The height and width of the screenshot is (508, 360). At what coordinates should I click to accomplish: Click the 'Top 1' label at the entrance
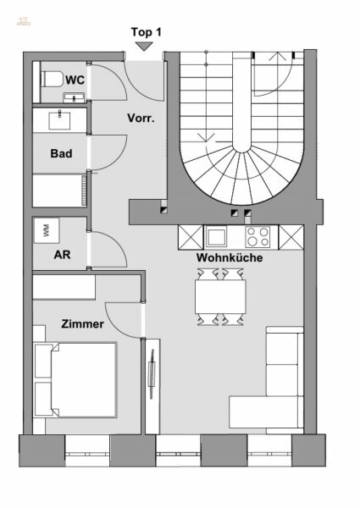[146, 31]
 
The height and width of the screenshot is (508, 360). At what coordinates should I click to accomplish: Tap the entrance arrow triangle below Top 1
[146, 47]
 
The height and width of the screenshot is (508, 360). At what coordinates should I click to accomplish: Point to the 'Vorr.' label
[140, 118]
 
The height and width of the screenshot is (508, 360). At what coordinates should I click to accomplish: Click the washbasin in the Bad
[59, 120]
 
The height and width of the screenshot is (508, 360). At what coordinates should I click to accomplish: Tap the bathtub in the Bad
[59, 189]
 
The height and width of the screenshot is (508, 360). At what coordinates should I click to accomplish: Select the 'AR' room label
[61, 253]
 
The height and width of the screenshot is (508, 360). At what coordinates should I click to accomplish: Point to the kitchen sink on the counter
[215, 235]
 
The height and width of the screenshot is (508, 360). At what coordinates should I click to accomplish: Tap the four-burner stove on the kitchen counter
[258, 235]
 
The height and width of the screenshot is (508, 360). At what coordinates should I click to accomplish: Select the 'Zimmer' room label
[81, 323]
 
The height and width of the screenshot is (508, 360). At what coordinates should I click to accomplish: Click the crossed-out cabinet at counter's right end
[291, 235]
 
